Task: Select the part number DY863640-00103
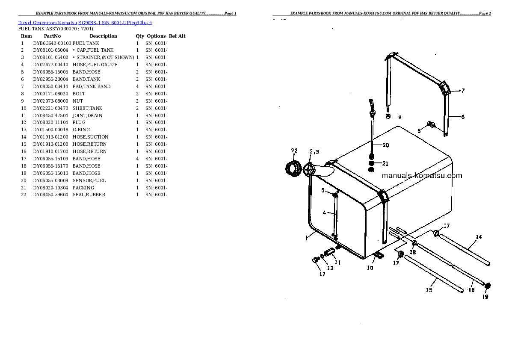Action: [52, 43]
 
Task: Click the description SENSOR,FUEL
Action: [89, 180]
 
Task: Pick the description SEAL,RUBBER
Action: [89, 195]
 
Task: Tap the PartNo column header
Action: [52, 36]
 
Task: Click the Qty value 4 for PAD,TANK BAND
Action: [137, 86]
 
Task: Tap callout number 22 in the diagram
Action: [294, 150]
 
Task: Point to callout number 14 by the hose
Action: [479, 237]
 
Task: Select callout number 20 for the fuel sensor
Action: [385, 145]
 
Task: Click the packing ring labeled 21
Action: [372, 163]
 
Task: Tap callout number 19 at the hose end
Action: [485, 297]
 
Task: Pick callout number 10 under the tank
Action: [370, 268]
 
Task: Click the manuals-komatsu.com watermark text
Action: [421, 176]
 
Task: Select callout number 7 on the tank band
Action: [463, 91]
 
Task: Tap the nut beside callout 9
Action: [388, 116]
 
